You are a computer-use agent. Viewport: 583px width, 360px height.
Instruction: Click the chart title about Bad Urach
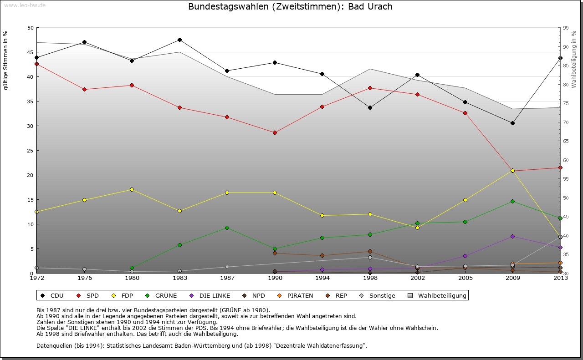290,7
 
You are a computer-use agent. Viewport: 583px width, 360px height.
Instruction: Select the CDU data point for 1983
180,40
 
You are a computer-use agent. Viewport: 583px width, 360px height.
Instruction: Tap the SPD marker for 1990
275,132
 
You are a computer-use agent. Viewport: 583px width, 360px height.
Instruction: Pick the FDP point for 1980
132,189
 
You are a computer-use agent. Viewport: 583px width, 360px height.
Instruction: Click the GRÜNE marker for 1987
227,228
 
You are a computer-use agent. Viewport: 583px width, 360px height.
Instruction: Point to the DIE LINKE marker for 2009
512,236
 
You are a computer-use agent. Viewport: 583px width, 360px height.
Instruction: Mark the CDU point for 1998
370,108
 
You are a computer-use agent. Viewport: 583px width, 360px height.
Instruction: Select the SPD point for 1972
36,64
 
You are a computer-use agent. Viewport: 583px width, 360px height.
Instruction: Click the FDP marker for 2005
465,200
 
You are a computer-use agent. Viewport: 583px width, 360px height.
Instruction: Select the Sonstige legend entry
378,296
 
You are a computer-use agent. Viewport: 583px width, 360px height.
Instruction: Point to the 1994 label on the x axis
322,278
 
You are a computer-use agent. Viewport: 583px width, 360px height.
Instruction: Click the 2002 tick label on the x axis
417,278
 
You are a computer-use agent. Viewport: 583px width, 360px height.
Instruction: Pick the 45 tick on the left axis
31,52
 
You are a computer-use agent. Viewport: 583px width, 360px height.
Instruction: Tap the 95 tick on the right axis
566,28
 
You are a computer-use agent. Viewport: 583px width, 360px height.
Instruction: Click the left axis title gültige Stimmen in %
5,60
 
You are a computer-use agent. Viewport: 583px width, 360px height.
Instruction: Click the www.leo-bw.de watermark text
24,5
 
